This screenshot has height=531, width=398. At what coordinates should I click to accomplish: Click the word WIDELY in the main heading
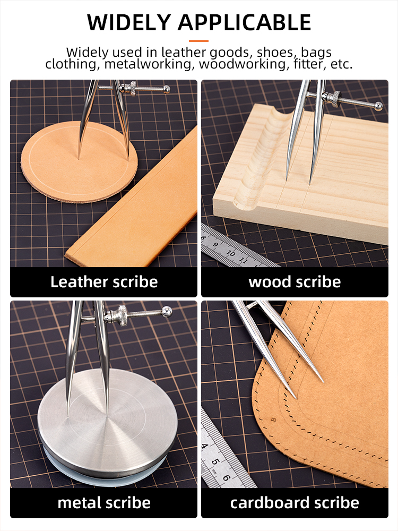point(128,23)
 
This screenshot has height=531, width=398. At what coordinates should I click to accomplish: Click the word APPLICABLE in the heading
point(245,23)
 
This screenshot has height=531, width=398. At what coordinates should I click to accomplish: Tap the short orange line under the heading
point(199,40)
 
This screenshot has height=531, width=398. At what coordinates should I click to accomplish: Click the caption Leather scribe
point(104,282)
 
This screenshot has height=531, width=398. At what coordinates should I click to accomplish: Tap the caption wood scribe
point(295,282)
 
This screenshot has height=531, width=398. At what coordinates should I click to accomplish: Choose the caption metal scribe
point(104,502)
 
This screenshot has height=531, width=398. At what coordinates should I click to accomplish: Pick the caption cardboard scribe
point(295,502)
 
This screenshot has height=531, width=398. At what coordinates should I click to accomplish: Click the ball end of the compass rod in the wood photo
point(378,106)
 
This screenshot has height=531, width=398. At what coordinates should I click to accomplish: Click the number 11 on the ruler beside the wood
point(244,261)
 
